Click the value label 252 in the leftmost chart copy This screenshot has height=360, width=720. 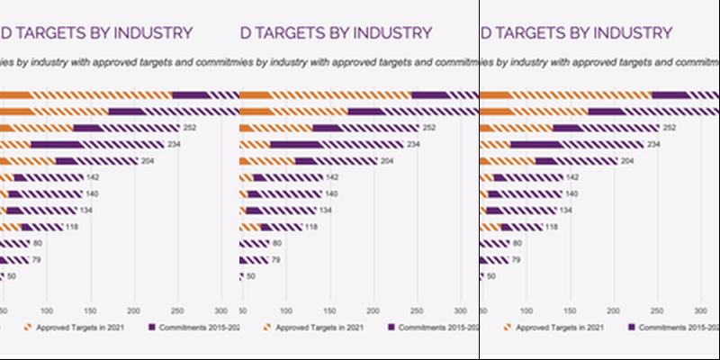click(x=190, y=128)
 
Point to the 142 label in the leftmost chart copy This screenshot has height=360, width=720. click(x=92, y=177)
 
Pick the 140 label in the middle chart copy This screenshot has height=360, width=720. click(x=332, y=193)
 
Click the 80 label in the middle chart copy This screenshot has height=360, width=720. click(x=277, y=243)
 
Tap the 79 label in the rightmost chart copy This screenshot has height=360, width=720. click(x=517, y=259)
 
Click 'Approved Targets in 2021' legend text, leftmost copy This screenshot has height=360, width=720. click(x=79, y=327)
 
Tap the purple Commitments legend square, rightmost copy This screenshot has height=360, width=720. click(x=632, y=327)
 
